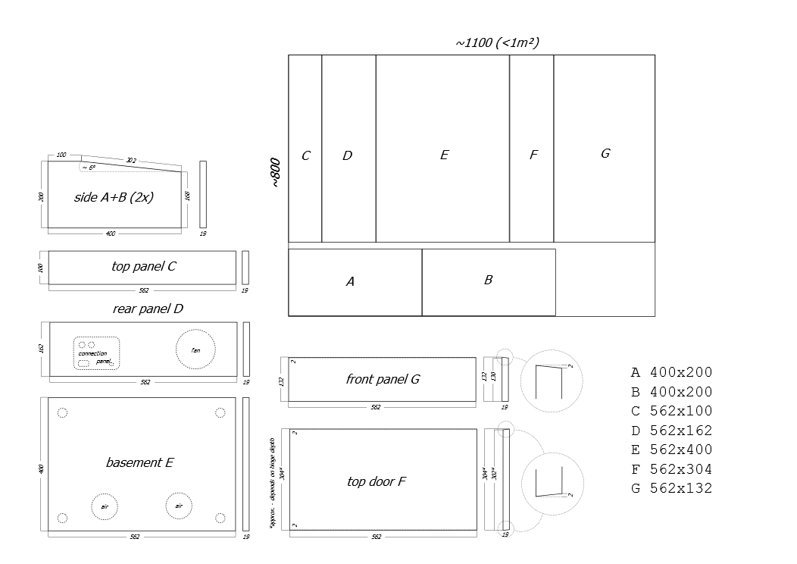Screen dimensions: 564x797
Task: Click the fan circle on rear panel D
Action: [195, 349]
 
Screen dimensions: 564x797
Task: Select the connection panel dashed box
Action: [96, 353]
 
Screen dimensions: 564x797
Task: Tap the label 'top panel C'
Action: [144, 266]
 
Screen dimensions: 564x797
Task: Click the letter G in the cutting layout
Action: [605, 154]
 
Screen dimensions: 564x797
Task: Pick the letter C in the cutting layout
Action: [305, 156]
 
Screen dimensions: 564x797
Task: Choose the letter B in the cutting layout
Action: [488, 280]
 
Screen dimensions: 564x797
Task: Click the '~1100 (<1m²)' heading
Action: [497, 43]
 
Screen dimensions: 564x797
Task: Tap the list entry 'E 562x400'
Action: [672, 450]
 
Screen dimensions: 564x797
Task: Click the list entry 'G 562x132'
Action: [672, 488]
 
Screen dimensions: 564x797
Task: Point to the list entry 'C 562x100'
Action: [672, 411]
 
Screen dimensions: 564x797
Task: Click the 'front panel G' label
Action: [383, 379]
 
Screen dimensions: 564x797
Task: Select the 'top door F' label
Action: [377, 481]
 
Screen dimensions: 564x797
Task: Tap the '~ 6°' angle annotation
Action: [89, 168]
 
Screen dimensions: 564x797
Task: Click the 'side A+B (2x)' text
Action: [114, 197]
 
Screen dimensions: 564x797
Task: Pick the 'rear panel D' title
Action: [148, 309]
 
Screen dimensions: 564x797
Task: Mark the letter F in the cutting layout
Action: [533, 155]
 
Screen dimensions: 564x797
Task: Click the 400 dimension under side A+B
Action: [111, 233]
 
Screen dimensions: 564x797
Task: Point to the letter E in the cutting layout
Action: [444, 155]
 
